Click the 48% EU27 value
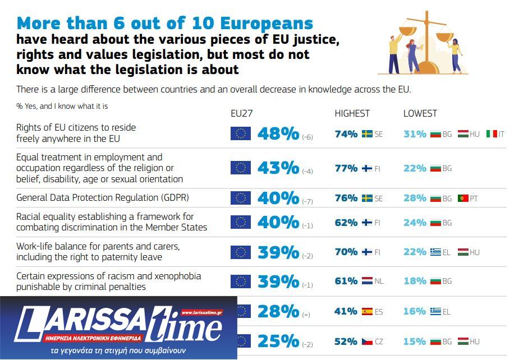(x=278, y=134)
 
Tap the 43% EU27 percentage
(x=278, y=168)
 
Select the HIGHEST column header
(x=352, y=113)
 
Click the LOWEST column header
(x=420, y=113)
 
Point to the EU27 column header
(x=242, y=113)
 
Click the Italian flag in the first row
(x=492, y=134)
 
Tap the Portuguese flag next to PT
(x=463, y=198)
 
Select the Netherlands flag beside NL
(x=367, y=281)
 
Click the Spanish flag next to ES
(x=367, y=311)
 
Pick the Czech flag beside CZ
(x=367, y=341)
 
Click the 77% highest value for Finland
(x=346, y=168)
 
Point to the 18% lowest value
(x=415, y=281)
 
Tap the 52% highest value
(x=346, y=341)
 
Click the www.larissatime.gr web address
(x=202, y=312)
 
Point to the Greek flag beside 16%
(x=435, y=311)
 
